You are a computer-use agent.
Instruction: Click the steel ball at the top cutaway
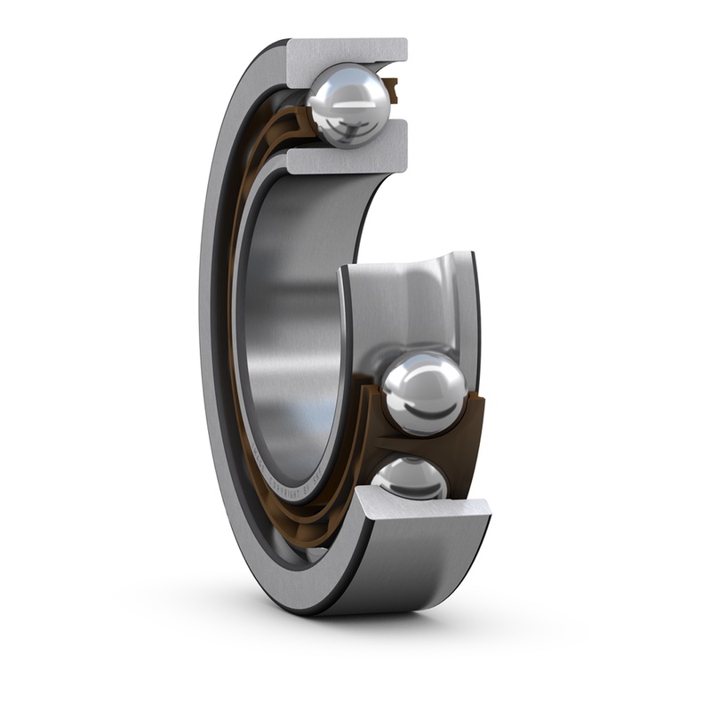349,104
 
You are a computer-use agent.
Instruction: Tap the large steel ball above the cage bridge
424,392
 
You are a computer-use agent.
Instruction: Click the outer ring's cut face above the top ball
347,51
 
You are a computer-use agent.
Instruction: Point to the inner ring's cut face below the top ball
347,159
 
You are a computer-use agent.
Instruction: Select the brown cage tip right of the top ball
391,89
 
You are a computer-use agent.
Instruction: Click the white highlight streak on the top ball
350,102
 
